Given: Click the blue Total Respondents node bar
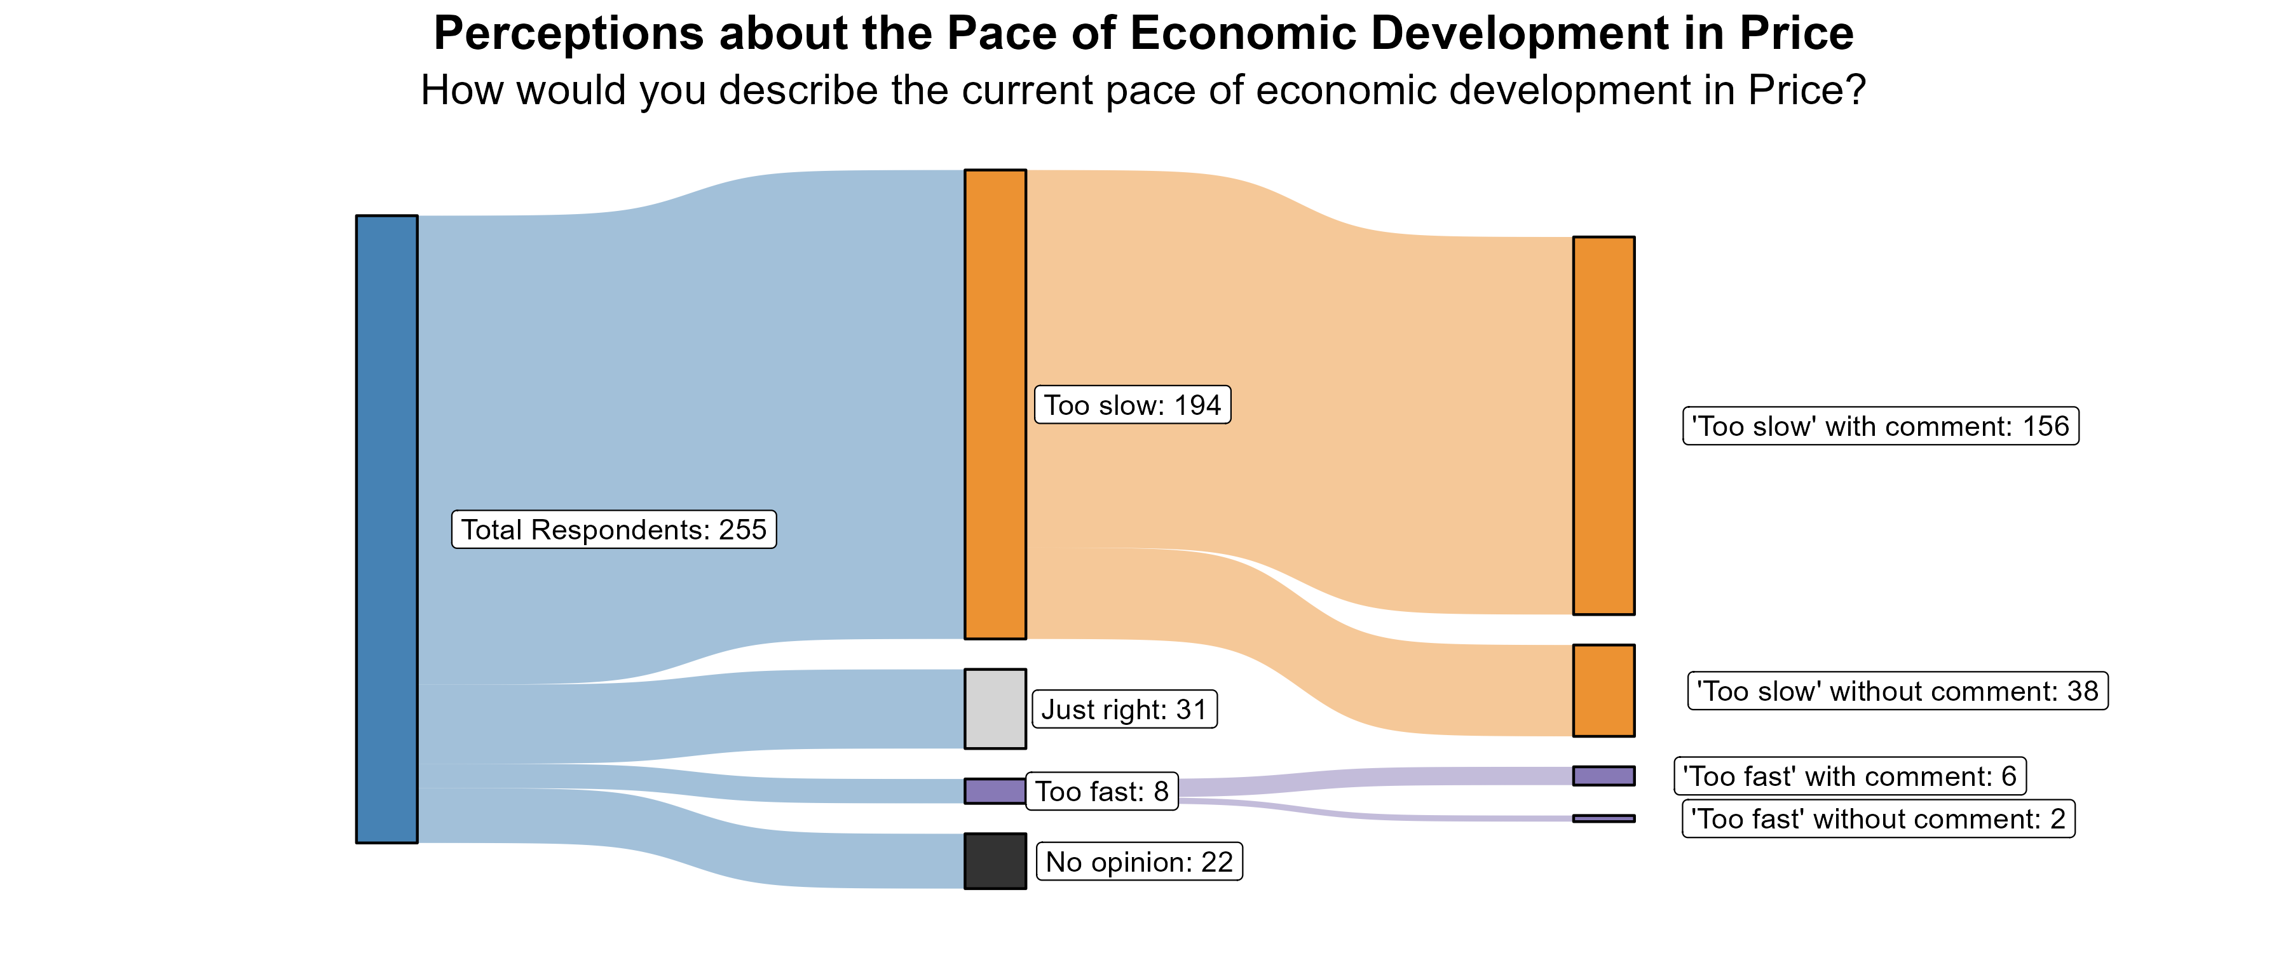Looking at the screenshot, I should click(x=386, y=529).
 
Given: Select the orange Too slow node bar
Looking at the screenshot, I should click(x=995, y=404).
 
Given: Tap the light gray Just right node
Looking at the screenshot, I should click(x=995, y=709).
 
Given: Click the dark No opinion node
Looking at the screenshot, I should click(x=995, y=861).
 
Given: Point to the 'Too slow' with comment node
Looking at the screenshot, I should click(x=1604, y=426).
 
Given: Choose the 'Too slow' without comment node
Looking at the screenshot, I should click(x=1604, y=690).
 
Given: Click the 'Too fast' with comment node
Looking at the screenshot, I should click(x=1604, y=775).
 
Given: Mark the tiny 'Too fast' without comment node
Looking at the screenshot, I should click(x=1604, y=818).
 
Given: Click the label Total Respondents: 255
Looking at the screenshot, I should click(x=614, y=529).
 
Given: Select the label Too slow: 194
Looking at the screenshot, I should click(x=1133, y=405).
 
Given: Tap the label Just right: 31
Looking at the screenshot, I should click(x=1124, y=710).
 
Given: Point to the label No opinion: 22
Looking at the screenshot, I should click(x=1140, y=862).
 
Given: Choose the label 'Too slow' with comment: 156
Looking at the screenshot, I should click(x=1881, y=426).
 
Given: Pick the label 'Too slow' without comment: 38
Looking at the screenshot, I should click(x=1897, y=691).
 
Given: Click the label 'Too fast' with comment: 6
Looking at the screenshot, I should click(x=1850, y=776).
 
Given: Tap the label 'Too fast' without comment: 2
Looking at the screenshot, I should click(x=1879, y=819).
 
